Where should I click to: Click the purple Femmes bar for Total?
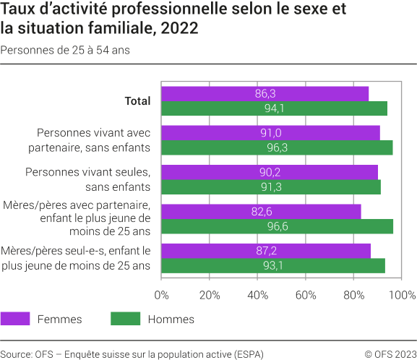click(265, 94)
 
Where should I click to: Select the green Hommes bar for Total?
click(274, 109)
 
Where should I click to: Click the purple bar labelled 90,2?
click(269, 172)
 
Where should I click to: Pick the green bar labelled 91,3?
click(270, 187)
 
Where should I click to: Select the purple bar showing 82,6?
click(260, 211)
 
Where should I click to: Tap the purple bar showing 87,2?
click(265, 250)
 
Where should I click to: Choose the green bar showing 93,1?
click(272, 265)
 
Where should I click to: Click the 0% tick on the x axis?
click(162, 295)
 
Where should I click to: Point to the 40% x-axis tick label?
click(257, 295)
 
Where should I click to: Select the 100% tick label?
click(402, 295)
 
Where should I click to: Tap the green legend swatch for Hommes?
click(124, 319)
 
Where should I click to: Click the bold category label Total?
click(137, 101)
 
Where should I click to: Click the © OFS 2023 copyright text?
click(390, 353)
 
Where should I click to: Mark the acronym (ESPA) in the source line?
click(249, 353)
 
